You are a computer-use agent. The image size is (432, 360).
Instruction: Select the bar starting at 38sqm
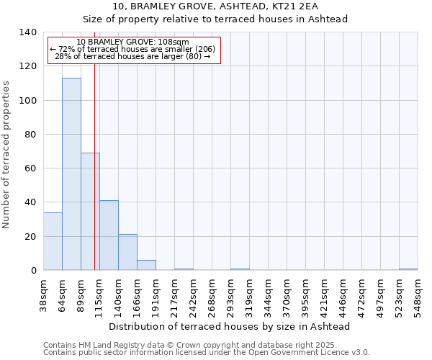(53, 241)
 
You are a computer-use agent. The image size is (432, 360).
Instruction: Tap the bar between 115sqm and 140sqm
(109, 235)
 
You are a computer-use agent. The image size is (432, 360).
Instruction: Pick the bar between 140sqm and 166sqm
(127, 252)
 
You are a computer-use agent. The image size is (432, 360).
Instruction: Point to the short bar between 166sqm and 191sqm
(146, 265)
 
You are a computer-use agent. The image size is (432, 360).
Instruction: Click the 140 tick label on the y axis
(28, 32)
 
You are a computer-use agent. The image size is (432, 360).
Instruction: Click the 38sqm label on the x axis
(44, 294)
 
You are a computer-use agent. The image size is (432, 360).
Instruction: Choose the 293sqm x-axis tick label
(231, 294)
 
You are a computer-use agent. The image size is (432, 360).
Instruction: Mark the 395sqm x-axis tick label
(306, 294)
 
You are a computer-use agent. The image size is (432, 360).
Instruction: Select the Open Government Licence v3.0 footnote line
(207, 352)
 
